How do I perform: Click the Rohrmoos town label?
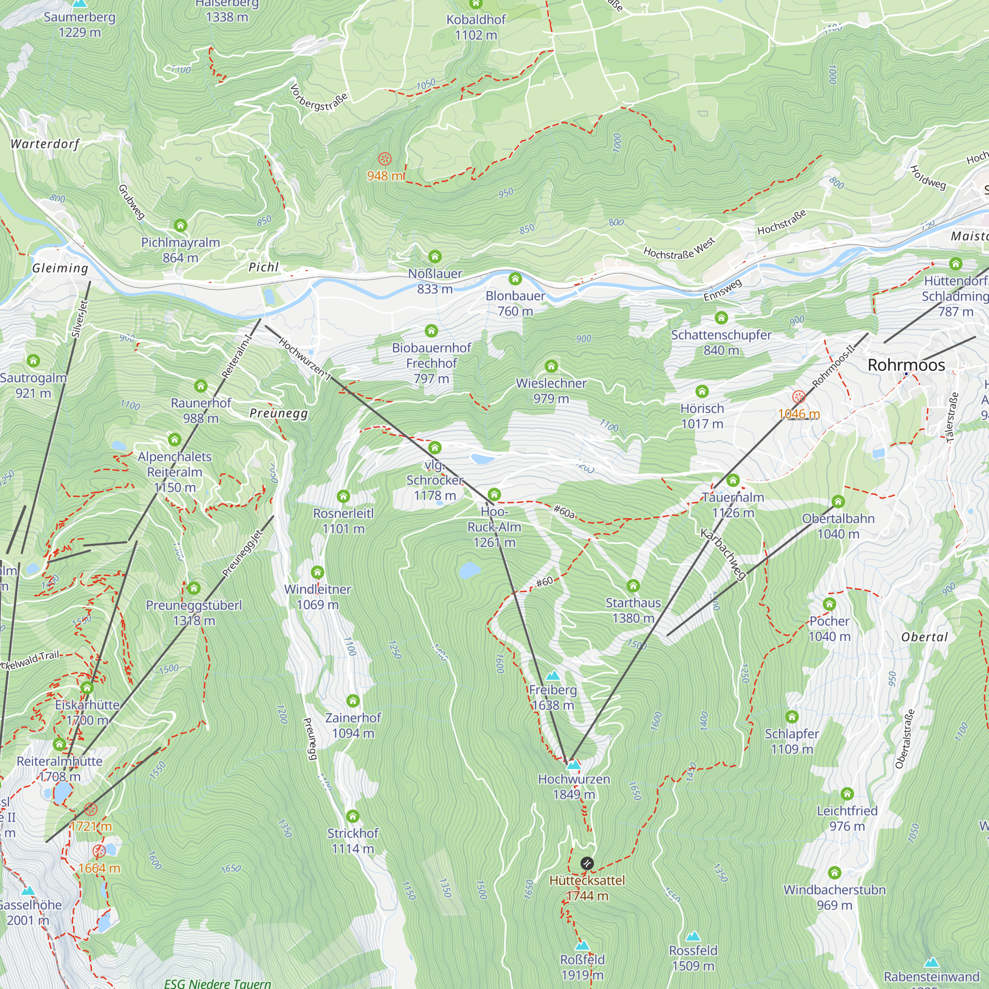point(906,365)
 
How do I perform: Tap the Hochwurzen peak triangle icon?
point(574,765)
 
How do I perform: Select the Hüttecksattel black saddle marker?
point(587,863)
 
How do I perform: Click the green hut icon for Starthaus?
point(633,585)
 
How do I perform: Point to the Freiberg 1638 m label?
point(553,697)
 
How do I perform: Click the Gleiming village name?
point(60,268)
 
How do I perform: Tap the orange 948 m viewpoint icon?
point(384,159)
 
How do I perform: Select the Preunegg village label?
point(278,413)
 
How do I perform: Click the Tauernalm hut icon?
point(733,480)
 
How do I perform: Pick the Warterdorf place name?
point(45,144)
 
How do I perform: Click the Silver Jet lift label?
point(80,318)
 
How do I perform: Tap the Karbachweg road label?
point(723,555)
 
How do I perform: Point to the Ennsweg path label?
point(722,290)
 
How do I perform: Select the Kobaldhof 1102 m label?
point(476,27)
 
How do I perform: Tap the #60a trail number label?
point(564,511)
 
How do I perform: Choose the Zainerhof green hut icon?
point(353,700)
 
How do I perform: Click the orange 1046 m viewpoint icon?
point(799,397)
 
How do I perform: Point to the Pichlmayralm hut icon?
point(180,225)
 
